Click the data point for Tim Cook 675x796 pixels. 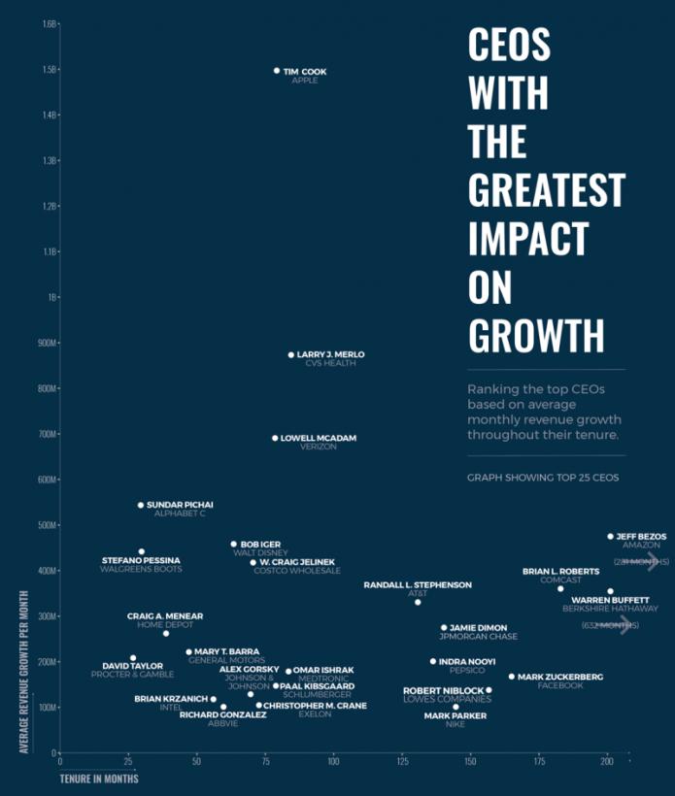pyautogui.click(x=277, y=71)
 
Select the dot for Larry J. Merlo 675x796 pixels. pyautogui.click(x=290, y=355)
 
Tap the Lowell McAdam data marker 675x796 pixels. pyautogui.click(x=275, y=439)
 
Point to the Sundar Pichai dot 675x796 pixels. pyautogui.click(x=141, y=506)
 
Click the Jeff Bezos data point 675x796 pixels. pyautogui.click(x=611, y=536)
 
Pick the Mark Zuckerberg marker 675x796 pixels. pyautogui.click(x=512, y=677)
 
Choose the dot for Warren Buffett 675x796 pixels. pyautogui.click(x=610, y=591)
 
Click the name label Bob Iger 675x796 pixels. pyautogui.click(x=260, y=545)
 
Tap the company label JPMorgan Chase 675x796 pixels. pyautogui.click(x=478, y=637)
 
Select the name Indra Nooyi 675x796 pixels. pyautogui.click(x=468, y=662)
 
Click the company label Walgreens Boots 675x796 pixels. pyautogui.click(x=141, y=569)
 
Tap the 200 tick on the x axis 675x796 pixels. pyautogui.click(x=608, y=764)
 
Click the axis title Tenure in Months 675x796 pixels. pyautogui.click(x=98, y=779)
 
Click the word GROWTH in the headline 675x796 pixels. pyautogui.click(x=535, y=333)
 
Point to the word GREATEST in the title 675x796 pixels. pyautogui.click(x=545, y=188)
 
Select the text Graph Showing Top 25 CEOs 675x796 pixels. pyautogui.click(x=542, y=478)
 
